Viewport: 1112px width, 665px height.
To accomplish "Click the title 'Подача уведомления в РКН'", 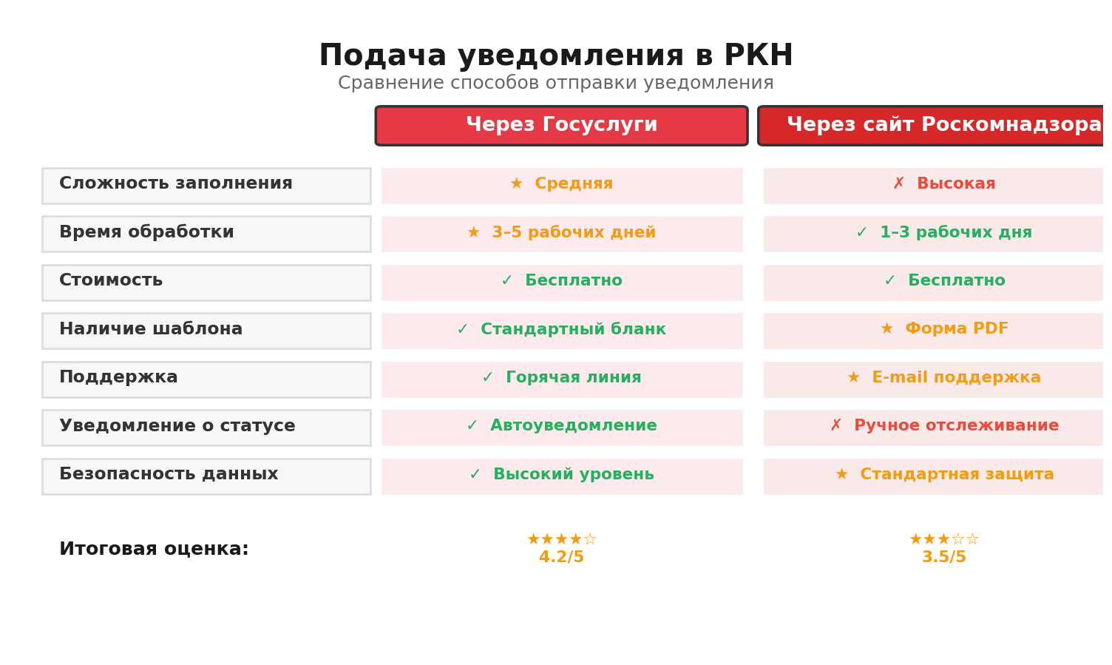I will (555, 56).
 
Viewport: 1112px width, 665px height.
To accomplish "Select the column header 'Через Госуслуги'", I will (561, 126).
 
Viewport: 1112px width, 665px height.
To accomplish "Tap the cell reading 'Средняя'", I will (562, 186).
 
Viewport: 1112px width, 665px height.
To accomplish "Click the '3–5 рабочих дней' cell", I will (562, 234).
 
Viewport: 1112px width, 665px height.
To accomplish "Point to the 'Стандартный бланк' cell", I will (562, 331).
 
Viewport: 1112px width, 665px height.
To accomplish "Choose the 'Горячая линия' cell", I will (562, 379).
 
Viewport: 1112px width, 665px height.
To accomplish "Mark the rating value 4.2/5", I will (561, 558).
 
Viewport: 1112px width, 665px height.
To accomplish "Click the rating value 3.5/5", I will (943, 558).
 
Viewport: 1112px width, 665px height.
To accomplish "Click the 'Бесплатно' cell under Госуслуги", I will (562, 283).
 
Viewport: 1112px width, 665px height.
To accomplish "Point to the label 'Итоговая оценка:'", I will (154, 550).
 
